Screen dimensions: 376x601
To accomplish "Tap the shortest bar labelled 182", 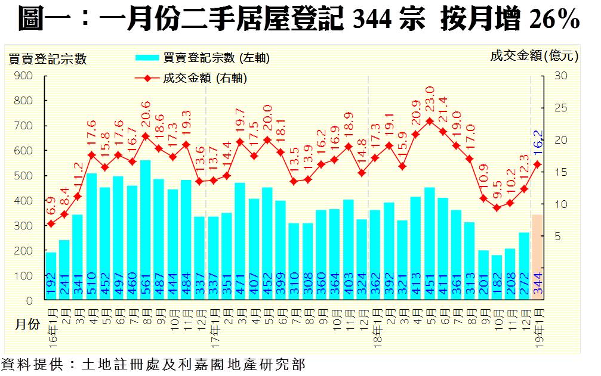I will tap(497, 277).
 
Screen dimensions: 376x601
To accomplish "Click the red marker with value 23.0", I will tap(429, 121).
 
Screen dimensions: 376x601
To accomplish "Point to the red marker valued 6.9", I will tap(51, 223).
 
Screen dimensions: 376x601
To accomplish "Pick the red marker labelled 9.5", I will tap(497, 207).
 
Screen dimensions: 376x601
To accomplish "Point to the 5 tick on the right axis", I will tap(557, 237).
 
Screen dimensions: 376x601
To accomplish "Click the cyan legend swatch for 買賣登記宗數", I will tap(147, 58).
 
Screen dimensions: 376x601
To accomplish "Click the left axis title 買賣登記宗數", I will tap(48, 58).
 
